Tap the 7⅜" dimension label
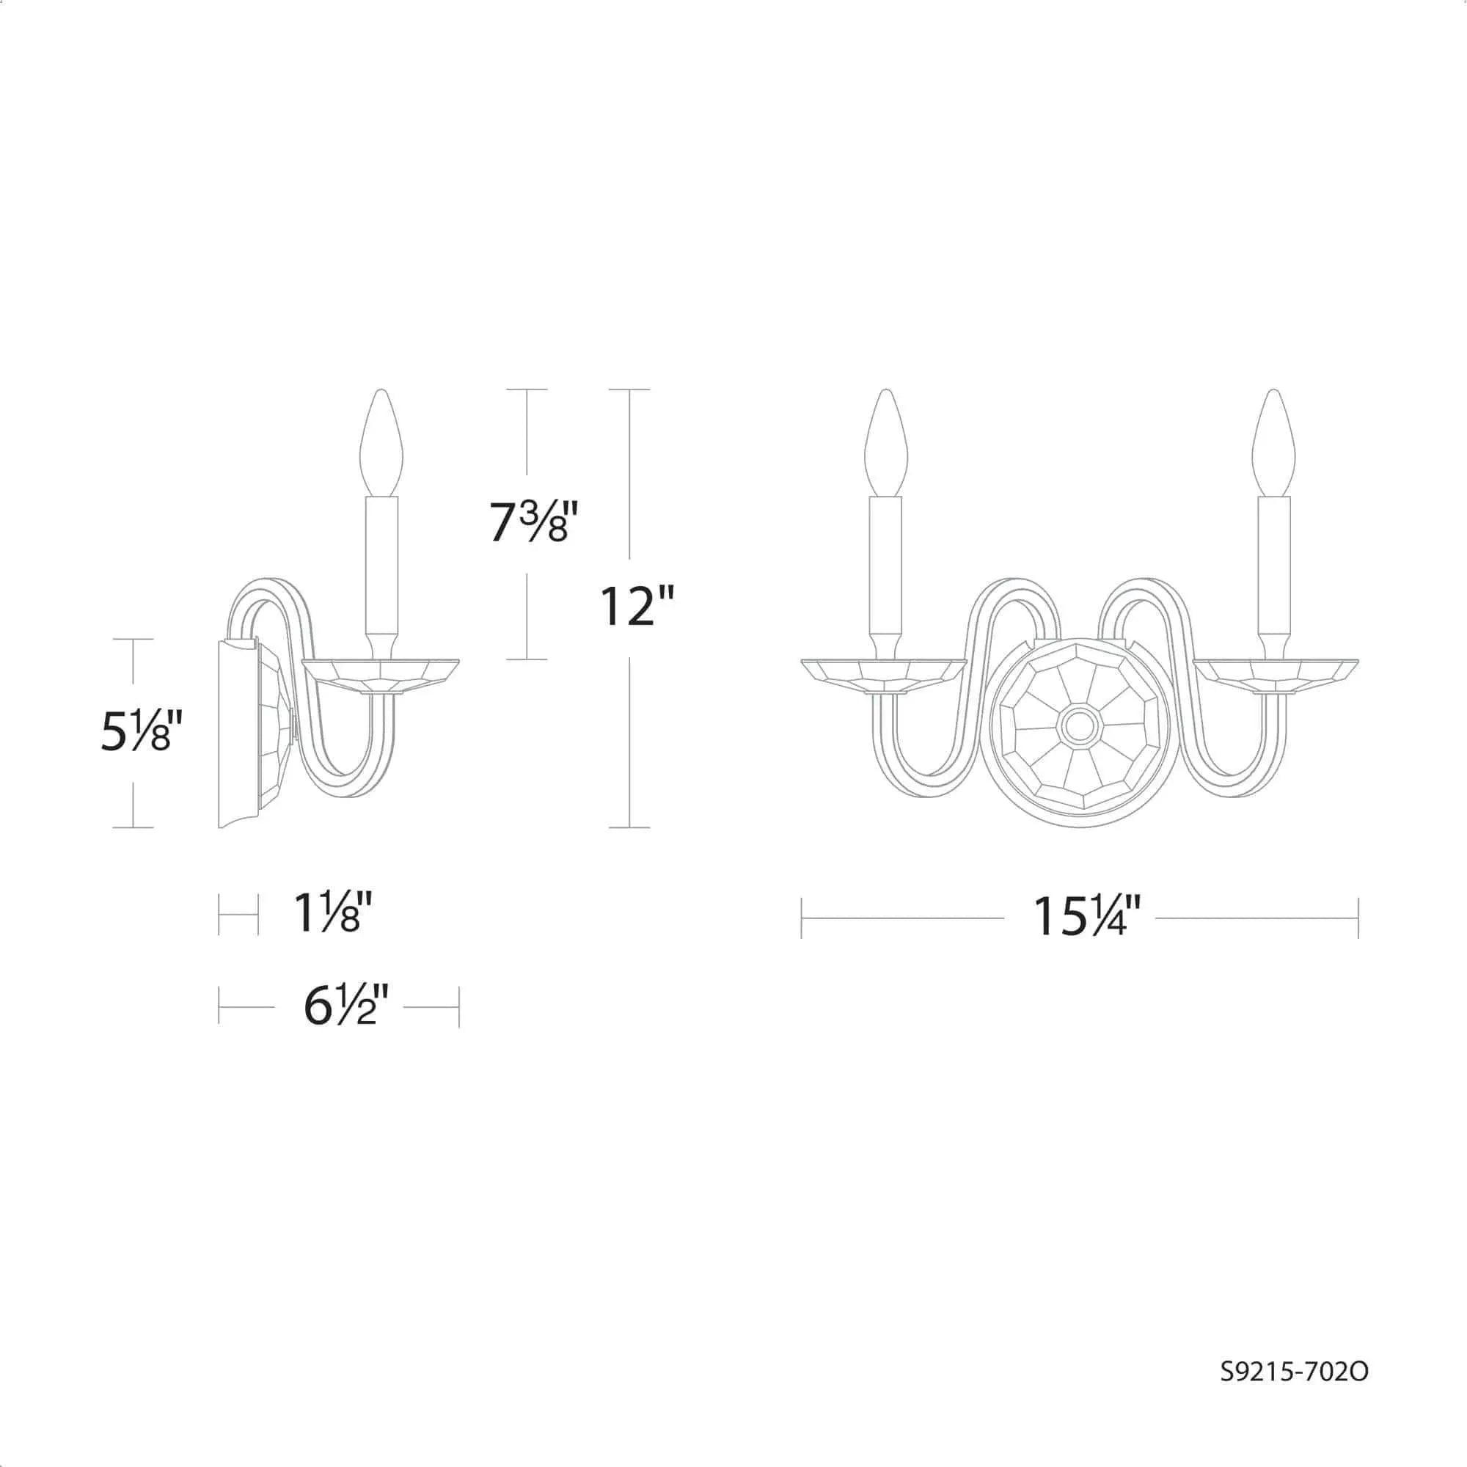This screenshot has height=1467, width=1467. [x=530, y=522]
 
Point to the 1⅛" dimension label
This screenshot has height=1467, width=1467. [x=332, y=912]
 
